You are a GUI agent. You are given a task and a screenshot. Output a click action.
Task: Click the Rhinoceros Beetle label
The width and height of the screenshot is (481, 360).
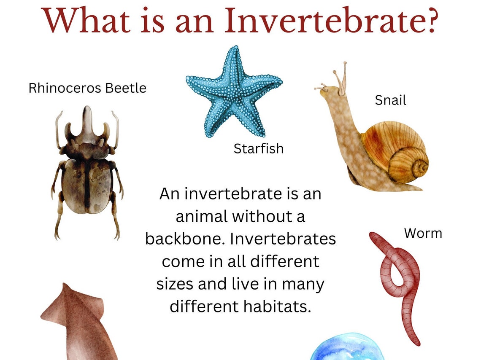(87, 88)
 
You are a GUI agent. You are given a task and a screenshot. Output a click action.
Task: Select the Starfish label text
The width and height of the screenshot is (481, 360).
(258, 148)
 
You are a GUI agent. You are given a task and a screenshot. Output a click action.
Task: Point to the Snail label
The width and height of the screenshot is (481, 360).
(390, 100)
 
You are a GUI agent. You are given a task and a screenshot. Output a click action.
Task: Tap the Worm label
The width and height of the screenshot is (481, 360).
(423, 233)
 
